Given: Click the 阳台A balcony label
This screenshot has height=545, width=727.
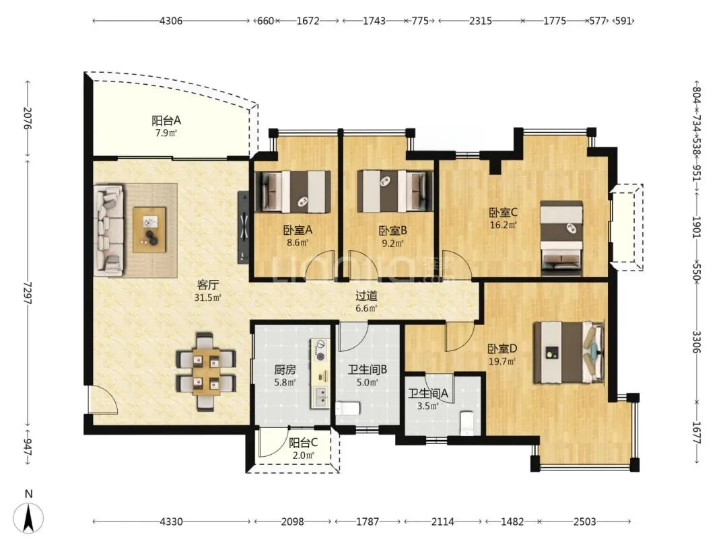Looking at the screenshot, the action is click(x=166, y=121).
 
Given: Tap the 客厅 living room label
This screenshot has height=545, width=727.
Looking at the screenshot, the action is click(x=208, y=285).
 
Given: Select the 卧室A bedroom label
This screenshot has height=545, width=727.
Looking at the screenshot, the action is click(x=298, y=230).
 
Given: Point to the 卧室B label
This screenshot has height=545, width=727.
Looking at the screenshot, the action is click(x=392, y=230).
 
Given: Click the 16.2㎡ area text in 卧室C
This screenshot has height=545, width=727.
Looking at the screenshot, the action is click(x=503, y=225).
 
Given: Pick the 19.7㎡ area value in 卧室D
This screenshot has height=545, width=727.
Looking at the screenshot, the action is click(x=502, y=361).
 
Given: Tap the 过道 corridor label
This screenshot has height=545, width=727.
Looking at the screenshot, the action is click(x=366, y=295).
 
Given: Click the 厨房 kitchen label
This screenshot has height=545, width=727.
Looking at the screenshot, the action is click(x=285, y=370).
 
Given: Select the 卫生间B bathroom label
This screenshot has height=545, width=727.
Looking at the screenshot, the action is click(x=368, y=370).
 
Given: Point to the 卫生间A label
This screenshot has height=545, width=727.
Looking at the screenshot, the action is click(x=428, y=394).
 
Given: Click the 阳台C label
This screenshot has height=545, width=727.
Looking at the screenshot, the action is click(x=303, y=443).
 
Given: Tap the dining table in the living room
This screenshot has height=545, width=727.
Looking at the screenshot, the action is click(x=206, y=371).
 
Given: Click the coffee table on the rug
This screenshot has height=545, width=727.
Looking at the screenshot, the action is click(x=149, y=230).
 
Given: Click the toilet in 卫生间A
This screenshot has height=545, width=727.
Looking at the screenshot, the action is click(x=466, y=424).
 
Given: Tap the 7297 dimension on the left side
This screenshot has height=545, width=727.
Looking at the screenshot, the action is click(x=27, y=293).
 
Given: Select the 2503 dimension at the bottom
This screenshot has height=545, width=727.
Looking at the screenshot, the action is click(x=585, y=522).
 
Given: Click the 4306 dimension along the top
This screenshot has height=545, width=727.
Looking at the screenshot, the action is click(x=170, y=21).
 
